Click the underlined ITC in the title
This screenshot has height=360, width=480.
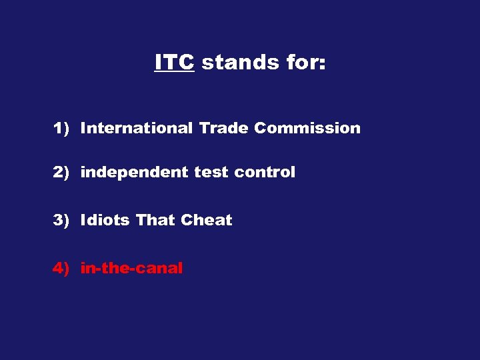pyautogui.click(x=174, y=62)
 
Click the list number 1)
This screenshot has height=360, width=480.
pyautogui.click(x=61, y=128)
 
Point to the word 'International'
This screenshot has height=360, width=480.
pyautogui.click(x=136, y=128)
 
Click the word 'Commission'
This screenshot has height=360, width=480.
pyautogui.click(x=307, y=128)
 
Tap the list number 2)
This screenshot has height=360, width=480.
pyautogui.click(x=61, y=172)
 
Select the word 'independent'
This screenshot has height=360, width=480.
pyautogui.click(x=135, y=172)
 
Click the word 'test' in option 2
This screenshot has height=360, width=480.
pyautogui.click(x=210, y=172)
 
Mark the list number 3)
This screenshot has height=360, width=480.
pyautogui.click(x=61, y=220)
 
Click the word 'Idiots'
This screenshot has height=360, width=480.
pyautogui.click(x=105, y=220)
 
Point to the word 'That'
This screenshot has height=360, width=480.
pyautogui.click(x=155, y=220)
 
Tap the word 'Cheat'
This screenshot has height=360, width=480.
pyautogui.click(x=207, y=220)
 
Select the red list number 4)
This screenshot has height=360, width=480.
pyautogui.click(x=61, y=268)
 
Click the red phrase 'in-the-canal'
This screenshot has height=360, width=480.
pyautogui.click(x=131, y=268)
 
